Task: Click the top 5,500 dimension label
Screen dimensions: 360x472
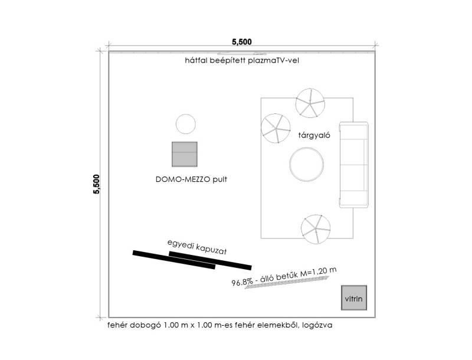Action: [x=242, y=41]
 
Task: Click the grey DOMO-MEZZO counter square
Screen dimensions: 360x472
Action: [x=185, y=153]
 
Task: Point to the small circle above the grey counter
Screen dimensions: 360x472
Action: [x=185, y=124]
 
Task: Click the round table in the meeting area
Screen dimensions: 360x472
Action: [x=306, y=163]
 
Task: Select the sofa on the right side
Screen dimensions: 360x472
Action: [x=353, y=163]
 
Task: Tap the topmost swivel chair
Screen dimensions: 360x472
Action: [x=310, y=103]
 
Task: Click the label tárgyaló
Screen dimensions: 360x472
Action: [x=314, y=135]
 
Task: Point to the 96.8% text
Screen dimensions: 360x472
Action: [x=244, y=282]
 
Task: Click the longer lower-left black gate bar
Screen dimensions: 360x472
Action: [x=173, y=260]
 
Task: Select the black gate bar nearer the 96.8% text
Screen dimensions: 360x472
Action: [x=210, y=260]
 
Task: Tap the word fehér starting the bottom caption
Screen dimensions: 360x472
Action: [x=118, y=325]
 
